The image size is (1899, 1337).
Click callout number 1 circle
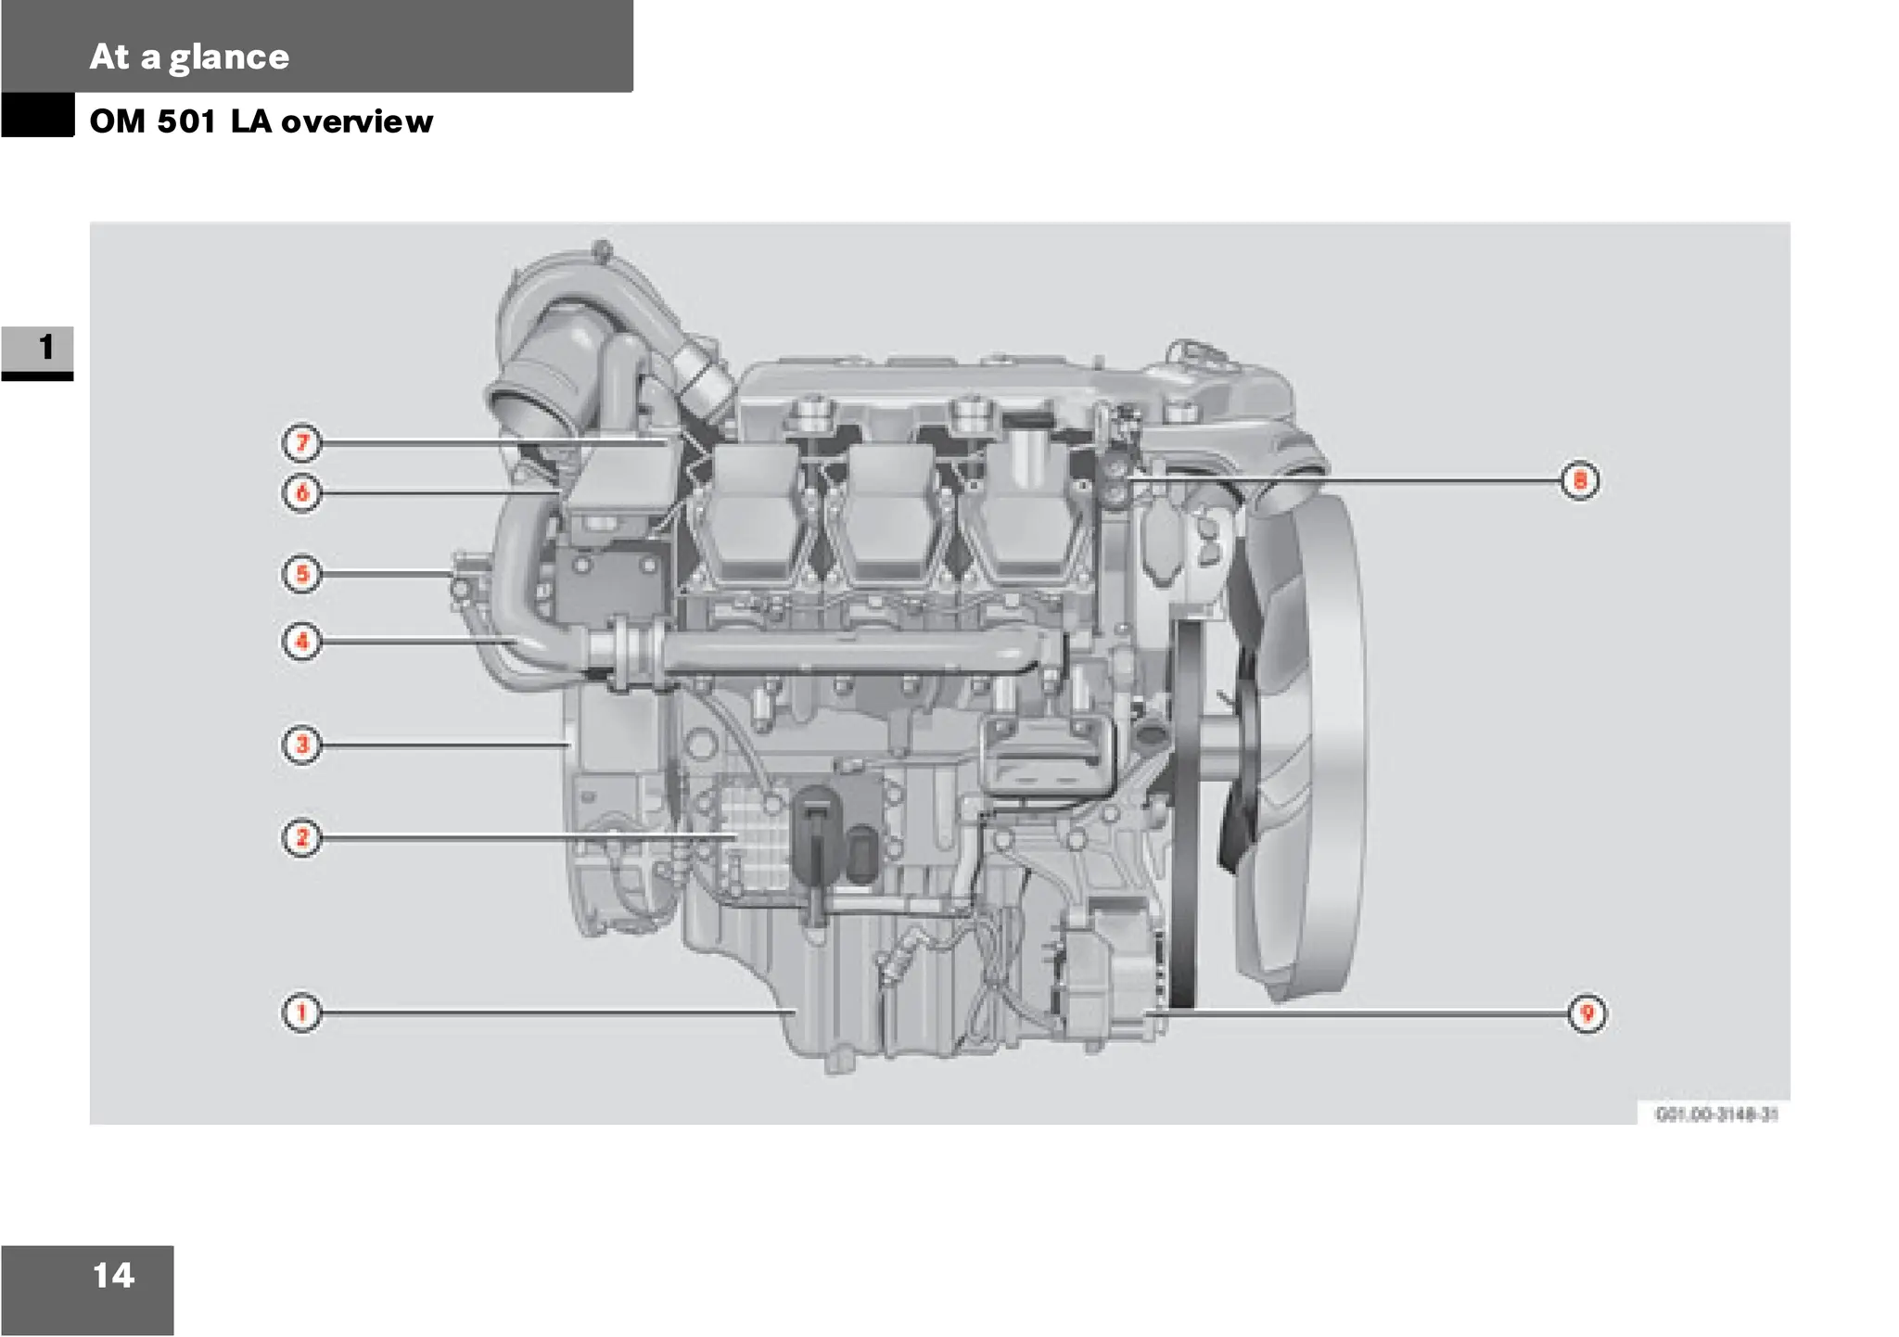pos(301,1012)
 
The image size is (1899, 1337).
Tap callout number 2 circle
pos(301,837)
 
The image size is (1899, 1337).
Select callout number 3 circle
pos(301,745)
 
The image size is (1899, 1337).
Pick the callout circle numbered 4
pos(301,641)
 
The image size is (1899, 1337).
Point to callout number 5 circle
pos(301,574)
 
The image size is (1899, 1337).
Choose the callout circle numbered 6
pos(301,492)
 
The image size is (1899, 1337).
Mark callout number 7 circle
pos(301,443)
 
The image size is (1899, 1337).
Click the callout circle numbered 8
pos(1580,480)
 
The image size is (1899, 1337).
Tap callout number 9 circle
pos(1587,1013)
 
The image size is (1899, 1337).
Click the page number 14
pos(113,1276)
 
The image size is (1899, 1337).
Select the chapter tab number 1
pos(45,348)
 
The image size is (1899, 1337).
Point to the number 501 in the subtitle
pos(186,121)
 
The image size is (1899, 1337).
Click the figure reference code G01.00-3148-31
pos(1716,1114)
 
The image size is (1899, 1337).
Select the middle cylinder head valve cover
pos(883,515)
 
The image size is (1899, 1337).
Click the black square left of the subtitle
pos(37,115)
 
